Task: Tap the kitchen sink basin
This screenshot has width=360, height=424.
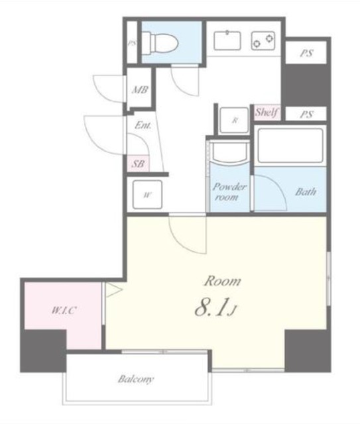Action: pyautogui.click(x=227, y=40)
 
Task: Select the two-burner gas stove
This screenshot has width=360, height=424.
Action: pyautogui.click(x=263, y=40)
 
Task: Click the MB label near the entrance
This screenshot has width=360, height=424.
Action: pyautogui.click(x=140, y=89)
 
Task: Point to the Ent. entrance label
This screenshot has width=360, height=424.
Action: pyautogui.click(x=143, y=125)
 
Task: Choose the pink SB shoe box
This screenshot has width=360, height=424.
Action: pyautogui.click(x=138, y=164)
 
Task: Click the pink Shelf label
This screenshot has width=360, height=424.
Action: pyautogui.click(x=267, y=112)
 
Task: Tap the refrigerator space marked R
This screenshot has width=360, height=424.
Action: pyautogui.click(x=235, y=120)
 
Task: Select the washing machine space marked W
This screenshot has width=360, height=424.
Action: pyautogui.click(x=147, y=194)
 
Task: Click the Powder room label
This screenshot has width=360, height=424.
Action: pyautogui.click(x=229, y=191)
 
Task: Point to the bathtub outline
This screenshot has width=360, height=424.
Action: pyautogui.click(x=290, y=146)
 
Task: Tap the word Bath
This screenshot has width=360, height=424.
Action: pyautogui.click(x=306, y=191)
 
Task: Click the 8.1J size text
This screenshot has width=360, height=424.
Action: pyautogui.click(x=215, y=307)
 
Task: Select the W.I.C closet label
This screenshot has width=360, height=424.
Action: pyautogui.click(x=64, y=310)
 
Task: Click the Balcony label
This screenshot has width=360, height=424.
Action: pyautogui.click(x=136, y=379)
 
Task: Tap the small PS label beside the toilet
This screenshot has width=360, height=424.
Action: pyautogui.click(x=132, y=42)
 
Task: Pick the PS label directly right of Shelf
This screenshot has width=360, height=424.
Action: pyautogui.click(x=306, y=115)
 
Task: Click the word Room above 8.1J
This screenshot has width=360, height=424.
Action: pyautogui.click(x=223, y=281)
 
